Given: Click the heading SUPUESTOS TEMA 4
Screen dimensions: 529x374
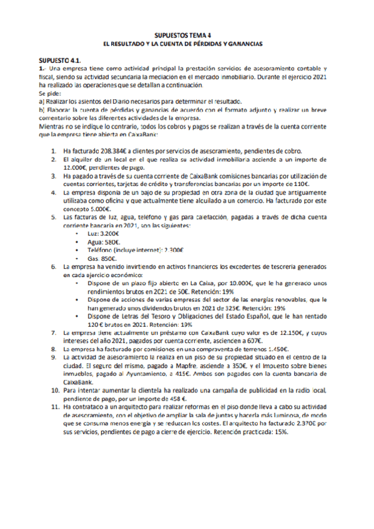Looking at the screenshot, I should [x=187, y=36].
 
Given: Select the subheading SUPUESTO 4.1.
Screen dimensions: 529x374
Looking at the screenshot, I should [x=61, y=56].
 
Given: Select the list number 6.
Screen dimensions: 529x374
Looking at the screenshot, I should [x=54, y=266].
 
